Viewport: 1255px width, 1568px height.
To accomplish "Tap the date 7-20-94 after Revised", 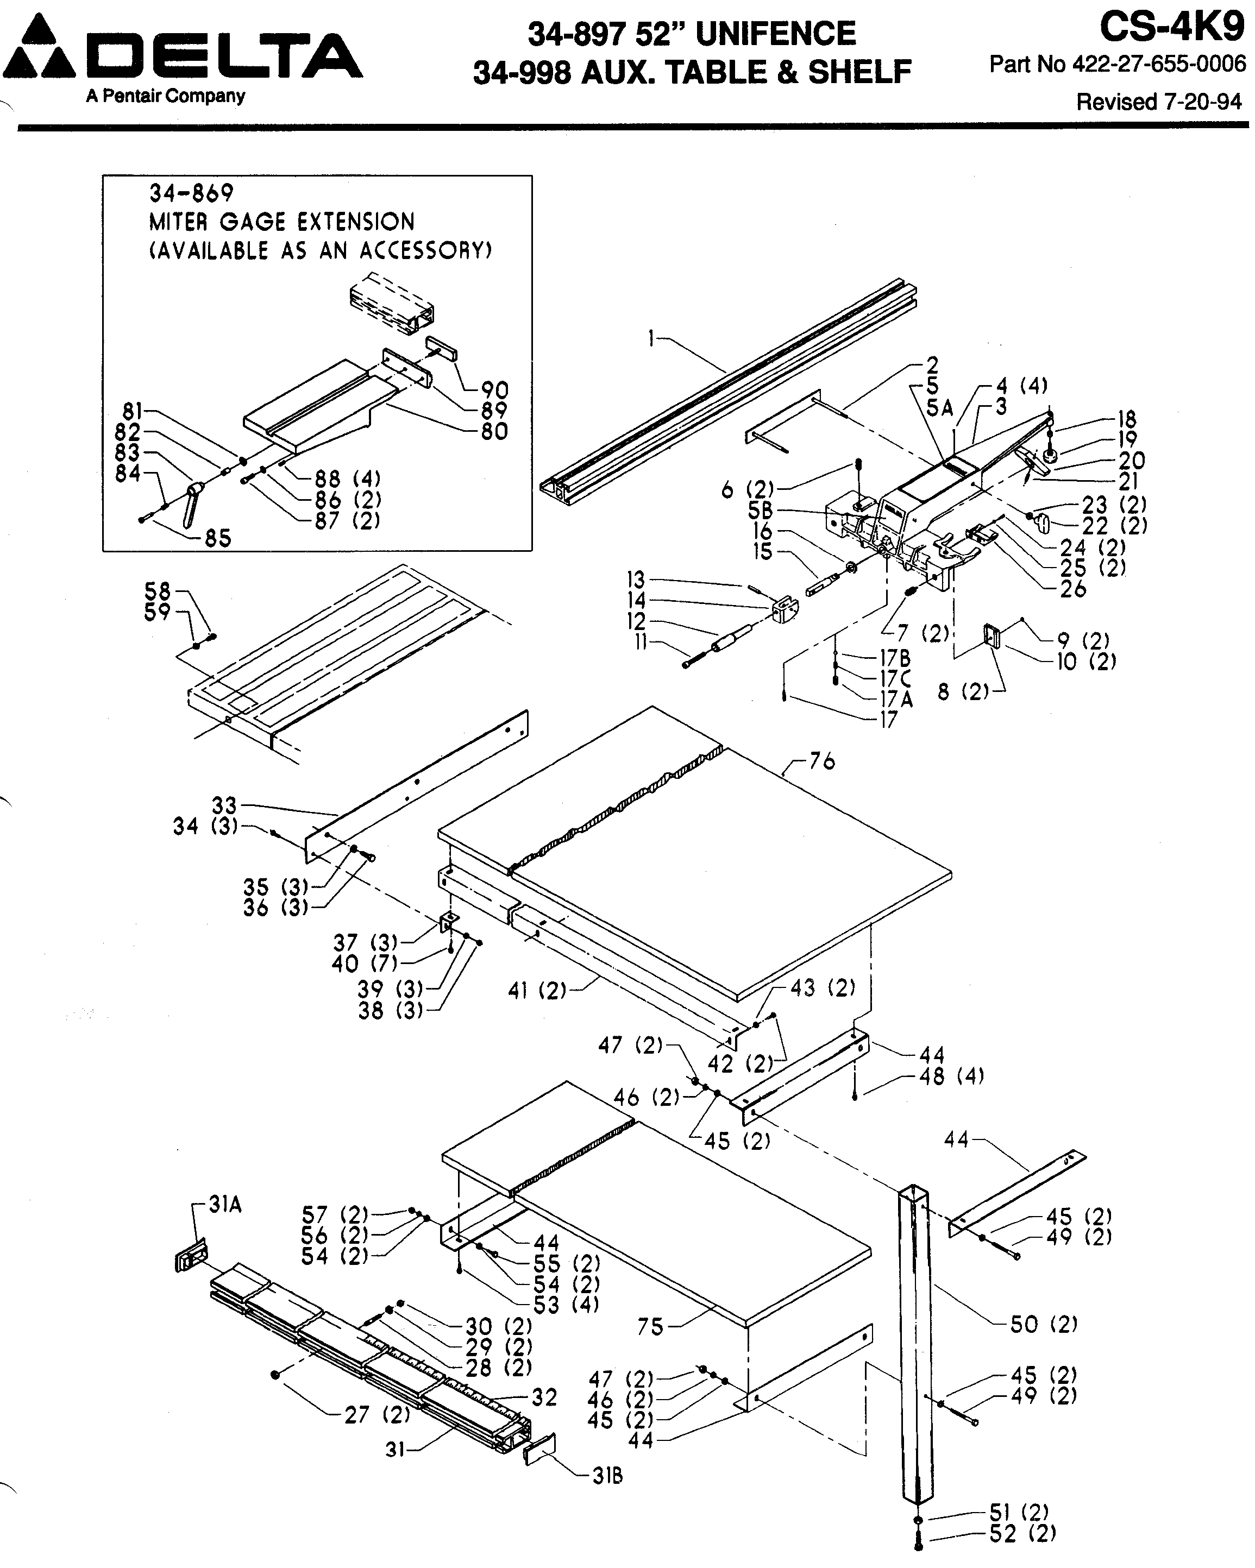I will tap(1203, 102).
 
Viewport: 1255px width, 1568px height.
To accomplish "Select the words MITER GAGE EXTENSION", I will tap(281, 222).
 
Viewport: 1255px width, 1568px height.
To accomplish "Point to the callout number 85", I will tap(217, 539).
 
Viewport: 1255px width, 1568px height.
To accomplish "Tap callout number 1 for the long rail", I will tap(652, 337).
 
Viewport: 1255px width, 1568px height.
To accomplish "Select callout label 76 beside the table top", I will tap(821, 761).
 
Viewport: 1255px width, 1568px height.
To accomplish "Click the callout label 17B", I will tap(895, 658).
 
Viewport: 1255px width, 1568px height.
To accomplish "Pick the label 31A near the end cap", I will tap(225, 1205).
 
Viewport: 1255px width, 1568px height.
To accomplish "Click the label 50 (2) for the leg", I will tap(1043, 1324).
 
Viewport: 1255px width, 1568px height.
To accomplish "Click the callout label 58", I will tap(157, 590).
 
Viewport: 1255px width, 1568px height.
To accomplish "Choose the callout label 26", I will tap(1073, 589).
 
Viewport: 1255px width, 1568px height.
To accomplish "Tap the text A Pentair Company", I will tap(165, 96).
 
